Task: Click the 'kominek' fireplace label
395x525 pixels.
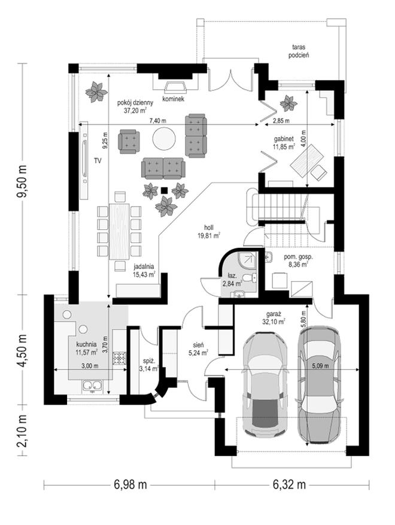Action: tap(173, 99)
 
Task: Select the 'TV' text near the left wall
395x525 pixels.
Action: tap(98, 161)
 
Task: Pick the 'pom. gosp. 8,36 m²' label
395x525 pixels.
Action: tap(296, 260)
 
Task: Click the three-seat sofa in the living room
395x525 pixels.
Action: tap(162, 168)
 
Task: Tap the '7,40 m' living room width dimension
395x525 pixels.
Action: tap(158, 121)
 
